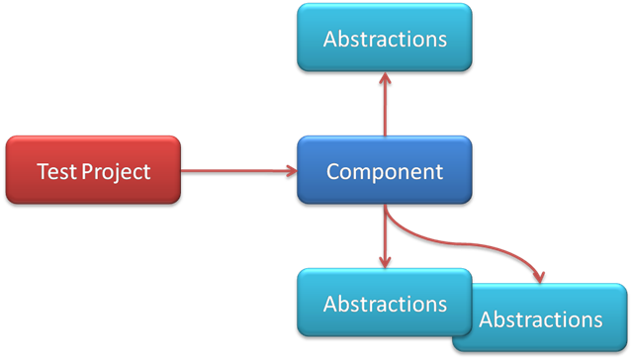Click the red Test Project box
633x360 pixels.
pos(93,170)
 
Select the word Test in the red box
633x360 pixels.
pos(56,171)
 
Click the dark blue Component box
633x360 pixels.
pos(385,170)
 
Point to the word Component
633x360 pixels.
pos(385,171)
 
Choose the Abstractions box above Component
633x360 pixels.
pos(385,39)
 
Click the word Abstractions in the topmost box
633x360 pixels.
pos(385,40)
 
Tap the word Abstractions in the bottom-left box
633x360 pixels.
pos(385,304)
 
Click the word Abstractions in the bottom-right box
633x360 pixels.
pos(541,319)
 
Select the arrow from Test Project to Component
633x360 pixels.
pos(237,171)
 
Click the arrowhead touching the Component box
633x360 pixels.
pos(291,171)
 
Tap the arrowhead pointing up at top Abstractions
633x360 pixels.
pos(385,77)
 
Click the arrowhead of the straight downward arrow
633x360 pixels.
pos(385,262)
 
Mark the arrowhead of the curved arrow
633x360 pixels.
pos(538,276)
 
